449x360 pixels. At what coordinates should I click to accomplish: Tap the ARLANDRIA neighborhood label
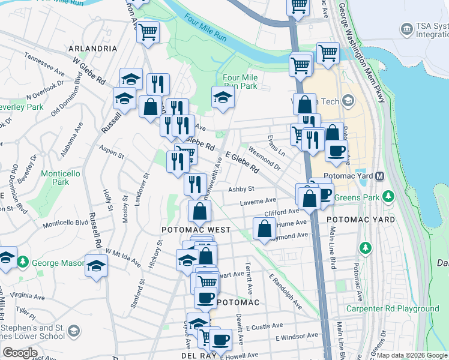[92, 48]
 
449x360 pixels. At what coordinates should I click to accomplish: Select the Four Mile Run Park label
[240, 82]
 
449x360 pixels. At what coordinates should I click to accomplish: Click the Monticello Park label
[59, 178]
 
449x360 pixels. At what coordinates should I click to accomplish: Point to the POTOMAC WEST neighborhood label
[196, 230]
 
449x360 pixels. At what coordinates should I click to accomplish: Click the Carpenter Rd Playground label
[393, 309]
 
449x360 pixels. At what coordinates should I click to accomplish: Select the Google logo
[20, 353]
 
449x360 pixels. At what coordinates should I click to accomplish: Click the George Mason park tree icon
[23, 262]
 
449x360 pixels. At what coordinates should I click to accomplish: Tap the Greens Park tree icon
[388, 196]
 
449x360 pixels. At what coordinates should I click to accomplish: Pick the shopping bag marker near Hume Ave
[265, 229]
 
